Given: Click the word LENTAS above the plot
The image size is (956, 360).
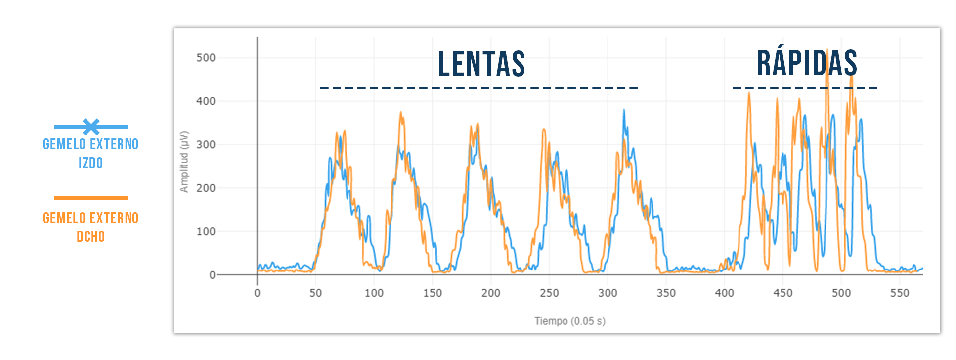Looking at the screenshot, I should coord(481,64).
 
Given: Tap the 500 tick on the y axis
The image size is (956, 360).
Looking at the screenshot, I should coord(206,58).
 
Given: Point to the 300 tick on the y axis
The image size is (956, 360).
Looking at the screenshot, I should coord(206,145).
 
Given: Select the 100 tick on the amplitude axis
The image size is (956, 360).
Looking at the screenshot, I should coord(206,231).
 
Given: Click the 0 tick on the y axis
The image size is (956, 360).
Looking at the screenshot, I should coord(212,275).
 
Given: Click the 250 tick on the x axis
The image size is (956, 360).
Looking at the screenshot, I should coord(549,293).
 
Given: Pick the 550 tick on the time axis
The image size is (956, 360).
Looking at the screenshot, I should coord(899,293).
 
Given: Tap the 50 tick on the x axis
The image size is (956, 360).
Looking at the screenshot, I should coord(315,293).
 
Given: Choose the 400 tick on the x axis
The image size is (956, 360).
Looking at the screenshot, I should coord(724,293).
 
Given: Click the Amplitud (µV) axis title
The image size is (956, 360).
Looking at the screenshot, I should coord(184,162).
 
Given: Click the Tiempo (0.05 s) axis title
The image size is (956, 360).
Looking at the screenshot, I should coord(569,321).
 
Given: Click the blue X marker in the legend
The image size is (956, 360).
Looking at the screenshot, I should coord(91,127).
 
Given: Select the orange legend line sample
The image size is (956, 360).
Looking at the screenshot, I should coord(91,198).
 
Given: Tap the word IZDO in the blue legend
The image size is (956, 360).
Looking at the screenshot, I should coord(91,163).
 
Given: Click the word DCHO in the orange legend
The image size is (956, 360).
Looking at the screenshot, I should coord(91,236).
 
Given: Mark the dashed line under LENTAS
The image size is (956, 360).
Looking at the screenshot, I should coord(478,88).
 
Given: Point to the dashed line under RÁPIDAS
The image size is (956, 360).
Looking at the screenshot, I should coord(805,88).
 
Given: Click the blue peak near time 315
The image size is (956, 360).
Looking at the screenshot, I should coord(624,111).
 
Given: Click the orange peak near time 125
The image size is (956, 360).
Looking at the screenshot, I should coord(401,113).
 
